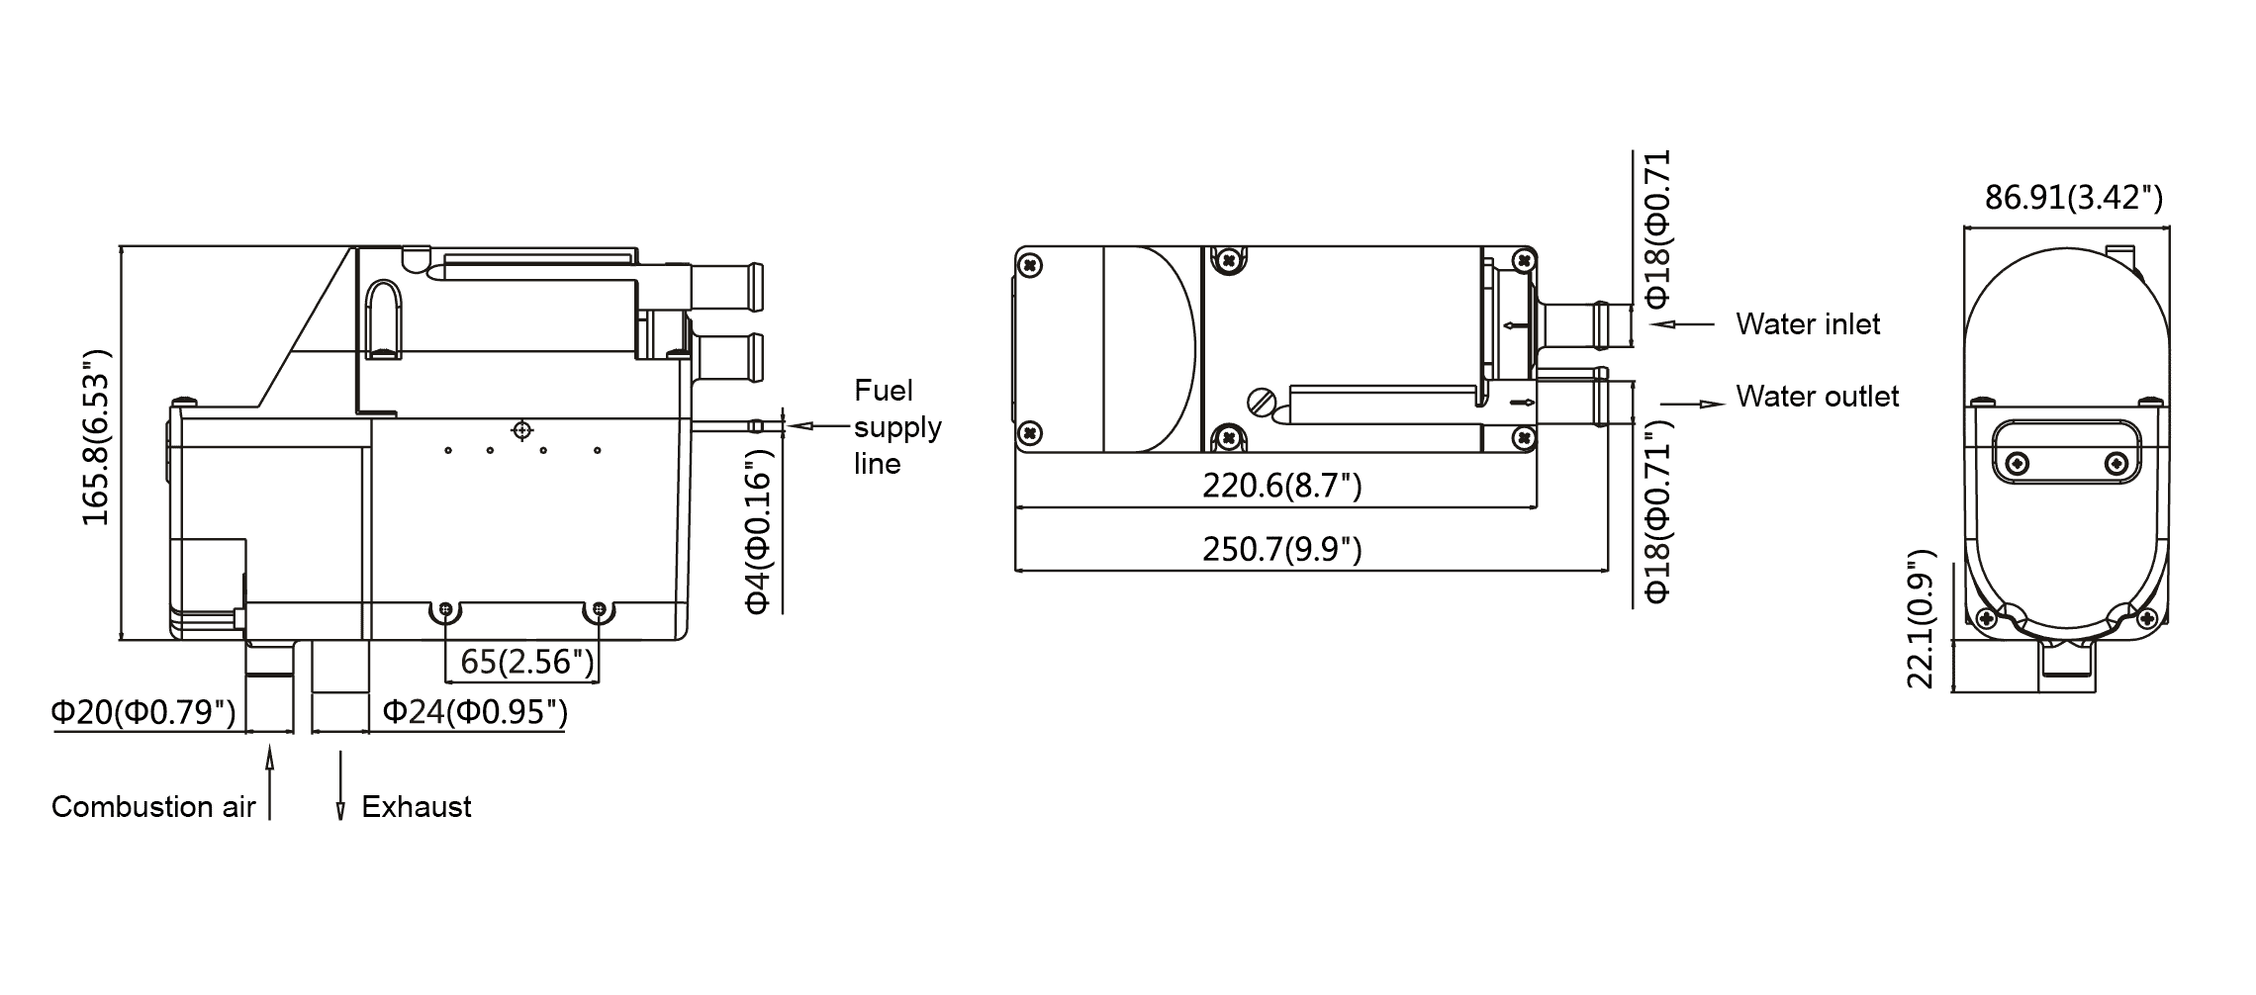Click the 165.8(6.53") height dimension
[95, 436]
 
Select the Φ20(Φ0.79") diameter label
[143, 711]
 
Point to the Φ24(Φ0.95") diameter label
[475, 711]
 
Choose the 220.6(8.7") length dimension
[1281, 486]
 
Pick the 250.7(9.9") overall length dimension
[1281, 549]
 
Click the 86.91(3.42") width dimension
[2074, 198]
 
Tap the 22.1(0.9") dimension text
[1921, 618]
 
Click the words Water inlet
[1808, 324]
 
